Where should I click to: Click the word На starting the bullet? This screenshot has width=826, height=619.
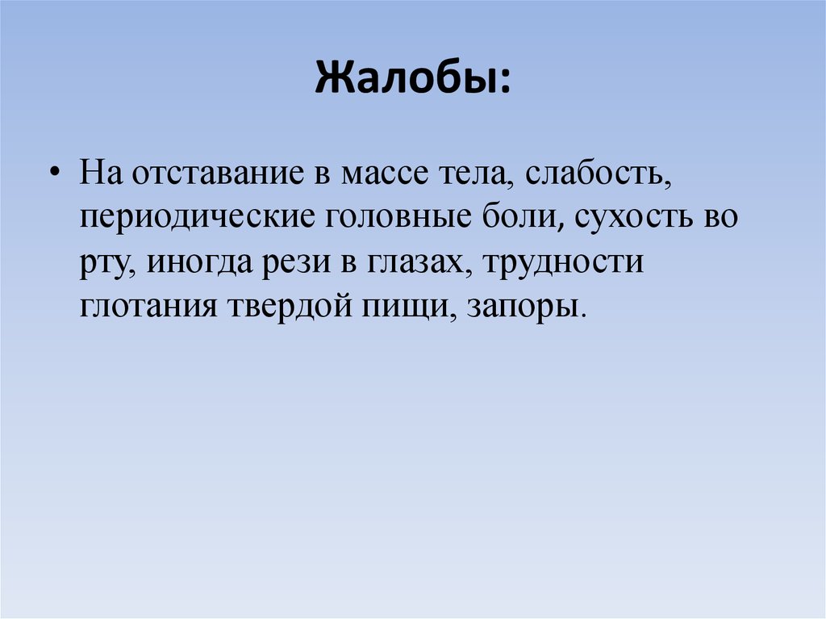click(99, 175)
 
